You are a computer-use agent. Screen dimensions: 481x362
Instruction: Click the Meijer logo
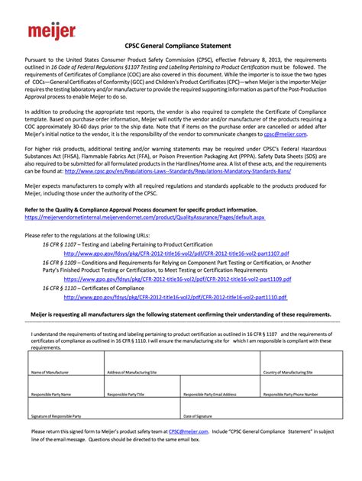(x=52, y=31)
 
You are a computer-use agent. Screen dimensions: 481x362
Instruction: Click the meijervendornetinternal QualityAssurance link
(x=145, y=217)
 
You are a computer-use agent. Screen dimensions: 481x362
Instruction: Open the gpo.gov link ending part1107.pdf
(x=176, y=253)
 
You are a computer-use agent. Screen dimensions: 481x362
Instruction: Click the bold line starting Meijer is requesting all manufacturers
(x=180, y=315)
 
